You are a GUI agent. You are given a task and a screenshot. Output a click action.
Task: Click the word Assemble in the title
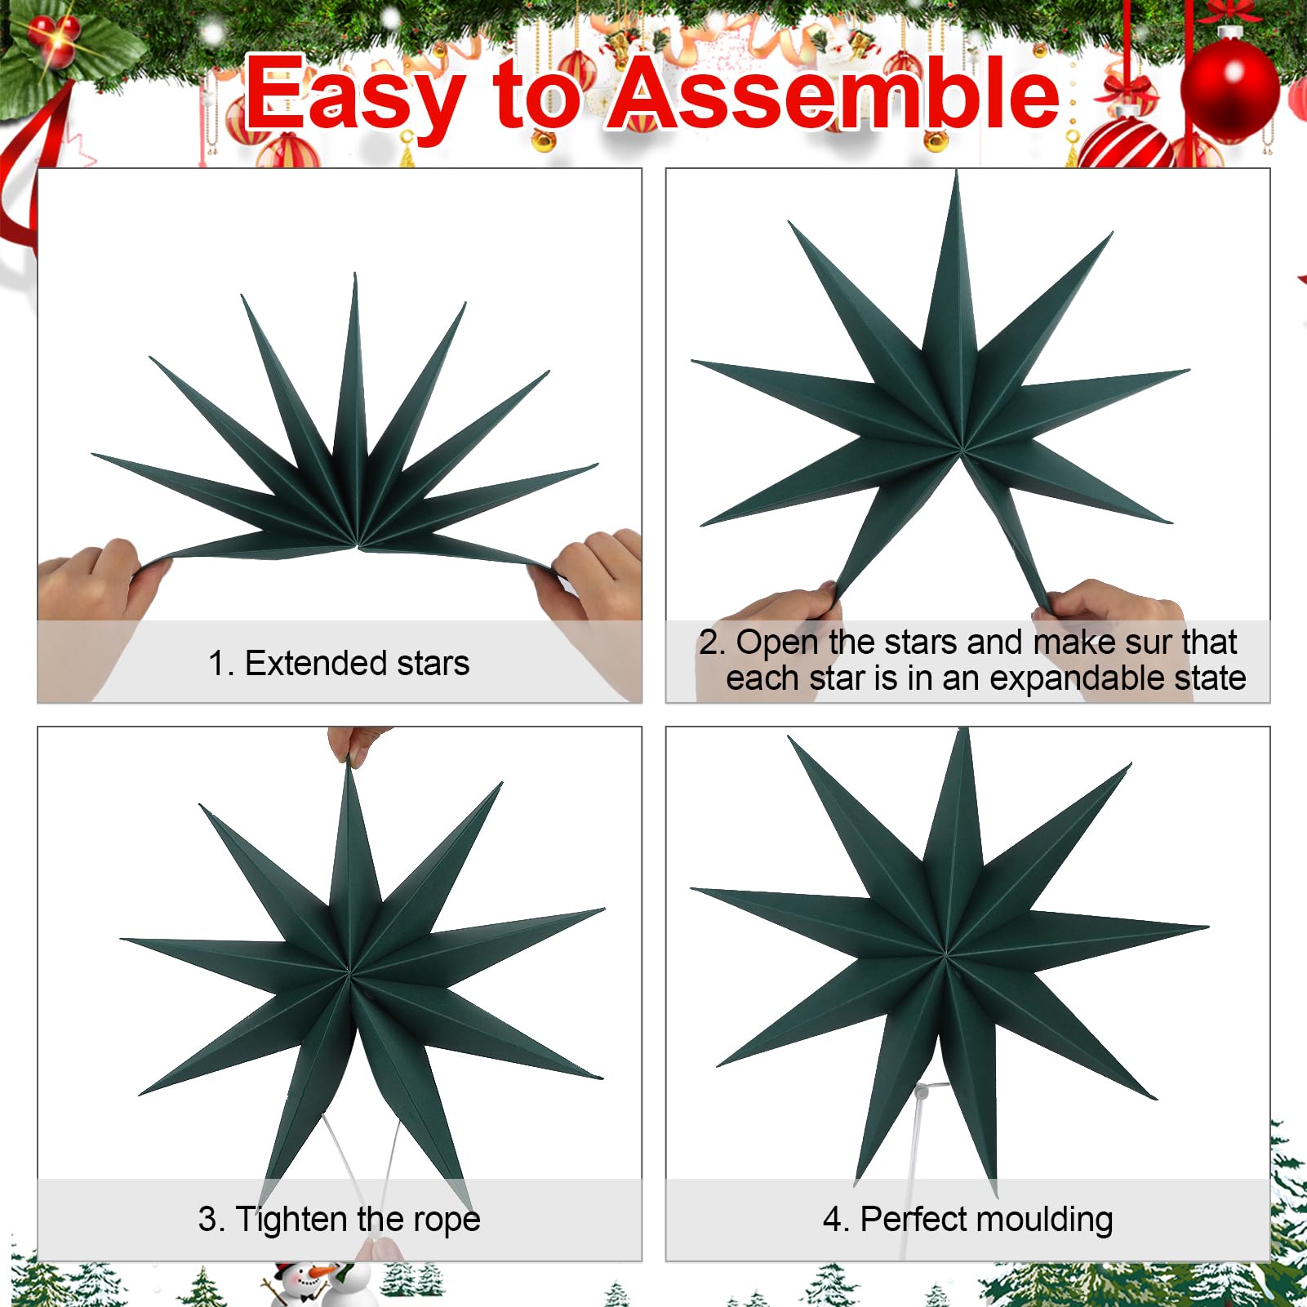[x=834, y=94]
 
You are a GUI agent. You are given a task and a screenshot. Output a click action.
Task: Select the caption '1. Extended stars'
[x=339, y=663]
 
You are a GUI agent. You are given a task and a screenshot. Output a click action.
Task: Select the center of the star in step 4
[x=945, y=954]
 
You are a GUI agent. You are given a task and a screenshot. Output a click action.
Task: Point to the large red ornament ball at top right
[x=1229, y=88]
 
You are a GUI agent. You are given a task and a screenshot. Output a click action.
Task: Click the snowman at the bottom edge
[x=306, y=1283]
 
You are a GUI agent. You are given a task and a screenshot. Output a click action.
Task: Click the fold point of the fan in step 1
[x=357, y=545]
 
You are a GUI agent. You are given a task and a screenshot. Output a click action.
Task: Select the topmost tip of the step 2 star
[x=956, y=171]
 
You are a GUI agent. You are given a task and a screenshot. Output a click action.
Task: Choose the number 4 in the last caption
[x=832, y=1220]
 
